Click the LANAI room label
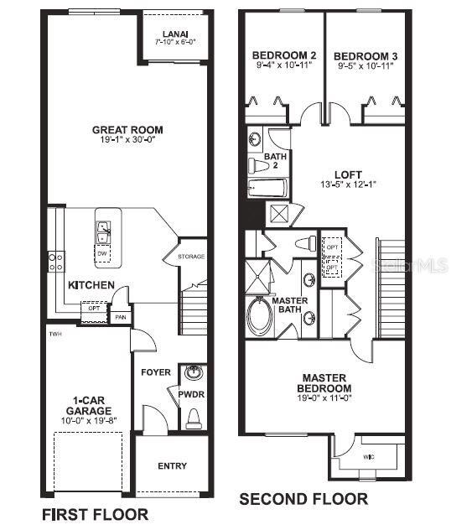[x=174, y=34]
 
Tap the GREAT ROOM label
[x=127, y=130]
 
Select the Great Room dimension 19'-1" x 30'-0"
[x=127, y=141]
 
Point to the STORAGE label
[x=190, y=257]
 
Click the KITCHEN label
[x=91, y=285]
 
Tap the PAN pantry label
[x=121, y=317]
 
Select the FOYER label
[x=156, y=372]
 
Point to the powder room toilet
[x=194, y=417]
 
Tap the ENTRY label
[x=172, y=466]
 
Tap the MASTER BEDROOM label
[x=326, y=383]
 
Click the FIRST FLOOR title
[x=95, y=513]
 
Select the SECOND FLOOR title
[x=303, y=499]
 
